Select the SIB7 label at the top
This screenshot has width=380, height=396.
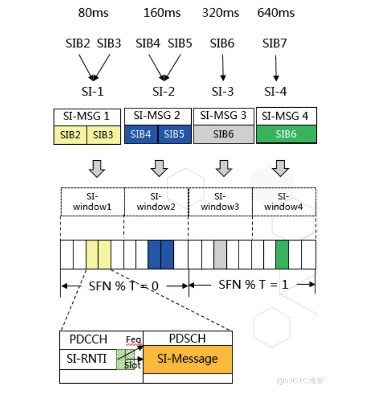pyautogui.click(x=276, y=43)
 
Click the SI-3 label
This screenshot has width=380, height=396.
pyautogui.click(x=223, y=91)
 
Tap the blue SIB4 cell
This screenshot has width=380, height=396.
pyautogui.click(x=141, y=134)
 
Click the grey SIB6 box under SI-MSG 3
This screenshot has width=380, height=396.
pyautogui.click(x=223, y=134)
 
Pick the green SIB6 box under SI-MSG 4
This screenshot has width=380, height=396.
pyautogui.click(x=286, y=134)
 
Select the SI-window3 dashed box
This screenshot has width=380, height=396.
pyautogui.click(x=221, y=201)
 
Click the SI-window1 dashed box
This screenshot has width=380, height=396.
pyautogui.click(x=93, y=201)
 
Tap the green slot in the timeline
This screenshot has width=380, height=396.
pyautogui.click(x=282, y=254)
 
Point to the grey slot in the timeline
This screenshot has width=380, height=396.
pyautogui.click(x=220, y=254)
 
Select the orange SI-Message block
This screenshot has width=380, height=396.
pyautogui.click(x=187, y=358)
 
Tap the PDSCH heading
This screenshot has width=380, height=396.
pyautogui.click(x=187, y=338)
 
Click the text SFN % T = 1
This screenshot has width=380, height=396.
pyautogui.click(x=253, y=285)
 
